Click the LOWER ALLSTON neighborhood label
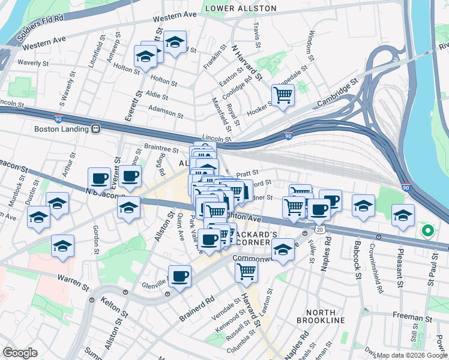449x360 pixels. click(241, 8)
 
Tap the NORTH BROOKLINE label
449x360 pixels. click(325, 316)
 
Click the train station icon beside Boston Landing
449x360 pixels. click(95, 128)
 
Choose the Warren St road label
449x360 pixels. click(73, 279)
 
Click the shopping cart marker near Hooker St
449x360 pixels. click(282, 94)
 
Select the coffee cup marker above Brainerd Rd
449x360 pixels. click(179, 277)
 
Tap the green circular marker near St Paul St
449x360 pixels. click(427, 230)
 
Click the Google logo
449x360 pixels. click(20, 353)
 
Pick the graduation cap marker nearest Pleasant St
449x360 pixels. click(403, 215)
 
